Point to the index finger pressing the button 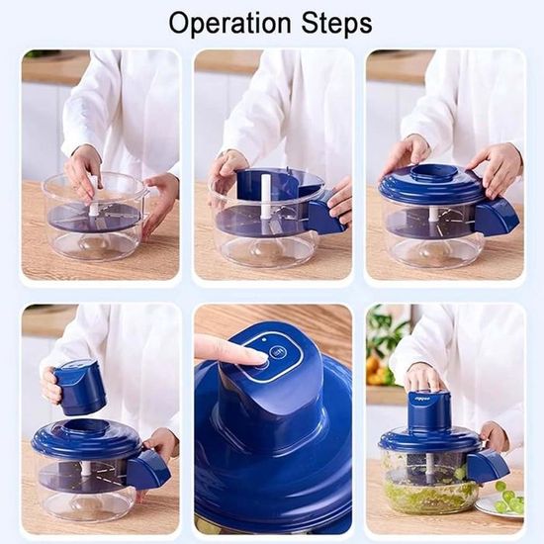[x=229, y=349]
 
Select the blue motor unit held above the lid [x=80, y=386]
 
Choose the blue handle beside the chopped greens [x=487, y=466]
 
